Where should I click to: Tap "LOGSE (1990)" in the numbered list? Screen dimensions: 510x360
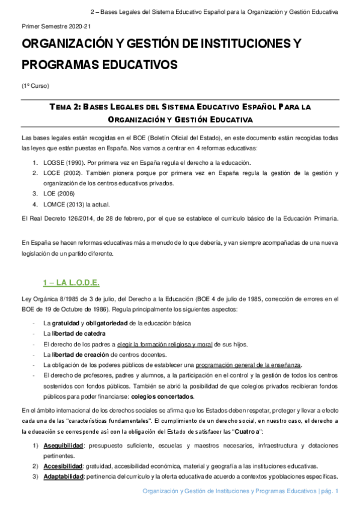[64, 162]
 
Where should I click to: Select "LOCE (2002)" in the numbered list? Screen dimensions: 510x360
[63, 173]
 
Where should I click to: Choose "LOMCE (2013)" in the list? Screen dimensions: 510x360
[65, 205]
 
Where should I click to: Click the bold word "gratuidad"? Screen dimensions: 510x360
[65, 324]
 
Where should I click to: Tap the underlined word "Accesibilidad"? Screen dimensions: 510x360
[63, 466]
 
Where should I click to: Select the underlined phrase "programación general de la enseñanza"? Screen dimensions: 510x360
[248, 365]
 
